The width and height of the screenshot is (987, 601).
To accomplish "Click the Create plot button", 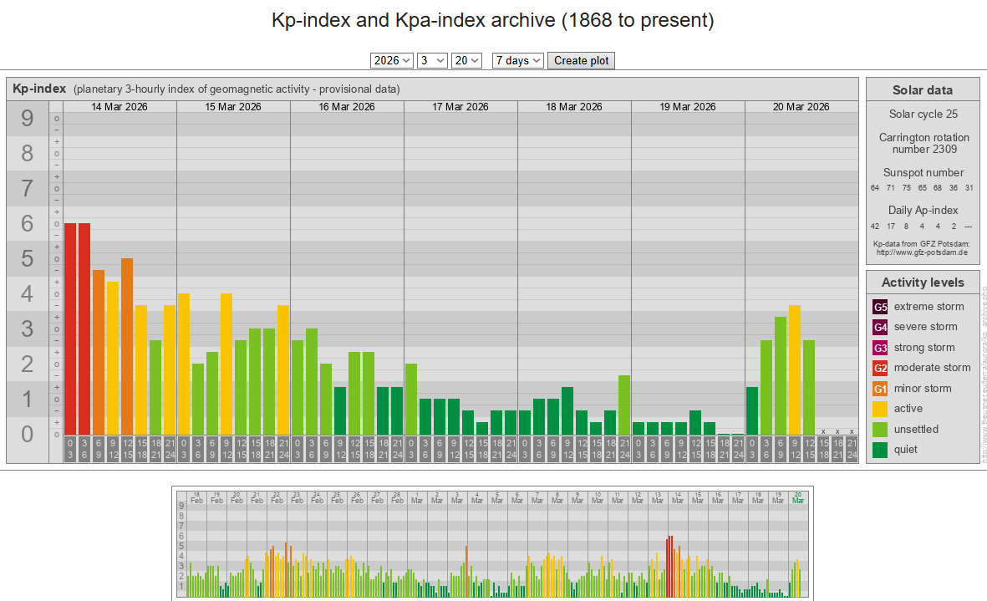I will [581, 60].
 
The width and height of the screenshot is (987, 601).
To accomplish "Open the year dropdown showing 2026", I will [392, 60].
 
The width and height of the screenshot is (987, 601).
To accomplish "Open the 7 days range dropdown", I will [518, 60].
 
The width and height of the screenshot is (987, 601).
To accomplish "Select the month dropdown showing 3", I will [432, 60].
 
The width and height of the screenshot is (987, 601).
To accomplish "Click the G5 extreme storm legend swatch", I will [880, 307].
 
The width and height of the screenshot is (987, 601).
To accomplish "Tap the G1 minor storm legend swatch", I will [880, 389].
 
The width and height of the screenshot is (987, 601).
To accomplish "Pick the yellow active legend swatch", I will [880, 409].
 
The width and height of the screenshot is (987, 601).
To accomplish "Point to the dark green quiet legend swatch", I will [880, 450].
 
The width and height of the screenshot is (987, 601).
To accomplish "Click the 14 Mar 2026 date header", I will [120, 107].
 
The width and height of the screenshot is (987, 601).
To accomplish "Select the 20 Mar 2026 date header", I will [801, 107].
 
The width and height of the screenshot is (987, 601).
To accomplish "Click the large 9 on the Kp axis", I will [28, 119].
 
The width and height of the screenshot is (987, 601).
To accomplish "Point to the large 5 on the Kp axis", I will [28, 259].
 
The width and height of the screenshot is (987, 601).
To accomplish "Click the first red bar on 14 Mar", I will [70, 329].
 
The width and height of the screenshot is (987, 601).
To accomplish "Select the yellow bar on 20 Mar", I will [794, 369].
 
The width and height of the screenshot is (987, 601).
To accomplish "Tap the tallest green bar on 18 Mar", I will [623, 405].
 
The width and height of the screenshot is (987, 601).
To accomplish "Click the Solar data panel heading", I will [922, 90].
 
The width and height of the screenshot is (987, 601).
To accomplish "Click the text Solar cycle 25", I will [922, 114].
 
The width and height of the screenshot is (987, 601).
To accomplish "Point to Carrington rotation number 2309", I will [922, 143].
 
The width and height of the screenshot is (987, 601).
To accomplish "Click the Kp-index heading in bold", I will [39, 89].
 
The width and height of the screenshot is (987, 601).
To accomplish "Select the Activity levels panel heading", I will [922, 283].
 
